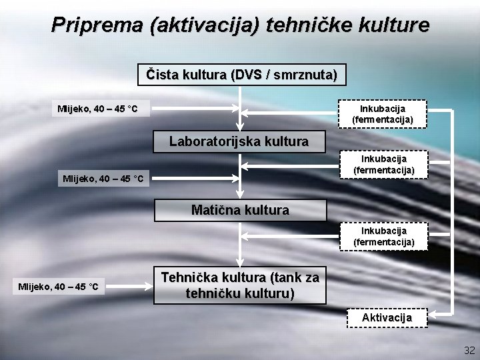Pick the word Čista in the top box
coord(162,74)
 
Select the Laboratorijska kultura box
coord(239,141)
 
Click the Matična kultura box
coord(240,210)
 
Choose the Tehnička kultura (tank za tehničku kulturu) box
coord(240,285)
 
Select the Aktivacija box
coord(387,317)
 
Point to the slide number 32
coord(469,350)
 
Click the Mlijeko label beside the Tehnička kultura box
coord(59,287)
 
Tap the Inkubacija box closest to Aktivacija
coord(383,237)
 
